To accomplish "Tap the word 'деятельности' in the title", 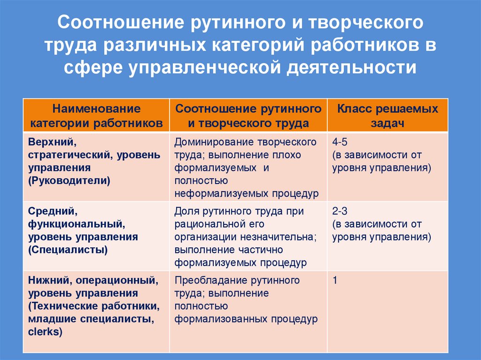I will coord(350,68).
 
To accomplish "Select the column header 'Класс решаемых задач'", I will coord(387,116).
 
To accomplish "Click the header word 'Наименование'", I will coord(96,109).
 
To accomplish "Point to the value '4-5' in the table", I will coord(340,142).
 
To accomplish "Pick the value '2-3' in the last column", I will coord(340,211).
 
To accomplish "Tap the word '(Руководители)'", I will coord(69,181).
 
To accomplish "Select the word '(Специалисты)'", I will coord(68,250).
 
